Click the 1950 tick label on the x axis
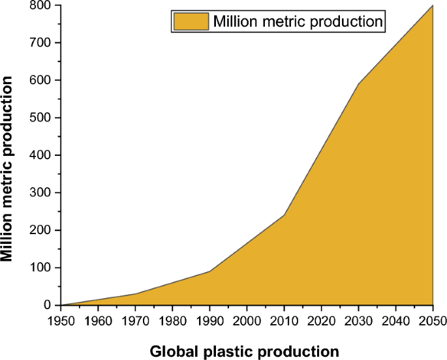pyautogui.click(x=60, y=320)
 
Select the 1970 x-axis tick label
pyautogui.click(x=134, y=320)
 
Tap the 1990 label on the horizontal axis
pyautogui.click(x=209, y=320)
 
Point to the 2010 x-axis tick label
pyautogui.click(x=284, y=320)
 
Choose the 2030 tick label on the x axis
pyautogui.click(x=358, y=320)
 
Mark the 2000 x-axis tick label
pyautogui.click(x=247, y=320)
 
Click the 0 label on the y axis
pyautogui.click(x=47, y=305)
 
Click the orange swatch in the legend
pyautogui.click(x=191, y=21)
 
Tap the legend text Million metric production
pyautogui.click(x=298, y=21)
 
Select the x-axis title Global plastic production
pyautogui.click(x=245, y=351)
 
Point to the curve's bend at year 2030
pyautogui.click(x=358, y=83)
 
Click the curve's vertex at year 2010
pyautogui.click(x=284, y=215)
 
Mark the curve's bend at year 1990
pyautogui.click(x=209, y=271)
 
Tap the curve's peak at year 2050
pyautogui.click(x=433, y=5)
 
